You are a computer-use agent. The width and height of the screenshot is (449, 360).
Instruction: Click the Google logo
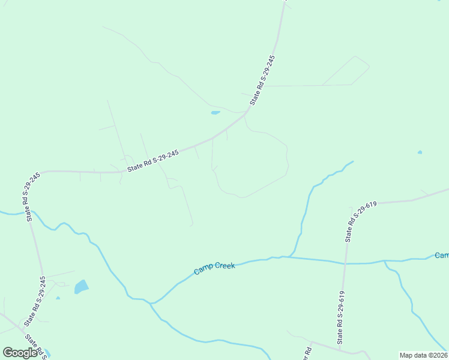click(20, 353)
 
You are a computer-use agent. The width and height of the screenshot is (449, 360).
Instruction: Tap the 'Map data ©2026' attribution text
click(423, 355)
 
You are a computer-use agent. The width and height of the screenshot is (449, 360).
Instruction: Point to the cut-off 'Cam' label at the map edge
click(442, 256)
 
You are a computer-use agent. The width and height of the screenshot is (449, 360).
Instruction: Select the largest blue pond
click(81, 287)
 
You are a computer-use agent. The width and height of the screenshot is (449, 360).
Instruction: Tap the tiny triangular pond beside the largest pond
click(58, 298)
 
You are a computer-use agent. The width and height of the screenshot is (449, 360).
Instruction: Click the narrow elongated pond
click(215, 112)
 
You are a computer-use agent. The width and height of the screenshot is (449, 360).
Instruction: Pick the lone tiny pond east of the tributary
click(420, 152)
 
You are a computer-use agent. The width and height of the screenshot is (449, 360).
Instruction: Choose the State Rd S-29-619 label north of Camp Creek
click(361, 221)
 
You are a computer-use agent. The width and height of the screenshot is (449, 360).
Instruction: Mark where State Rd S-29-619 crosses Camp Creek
click(345, 263)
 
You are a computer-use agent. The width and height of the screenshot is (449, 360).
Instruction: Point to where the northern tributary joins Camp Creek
click(290, 257)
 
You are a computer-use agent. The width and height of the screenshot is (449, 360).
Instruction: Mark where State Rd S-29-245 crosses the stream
click(28, 213)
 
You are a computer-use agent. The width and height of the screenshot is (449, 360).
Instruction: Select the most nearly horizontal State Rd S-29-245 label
click(154, 160)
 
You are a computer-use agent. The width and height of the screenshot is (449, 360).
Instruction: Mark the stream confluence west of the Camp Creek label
click(151, 303)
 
